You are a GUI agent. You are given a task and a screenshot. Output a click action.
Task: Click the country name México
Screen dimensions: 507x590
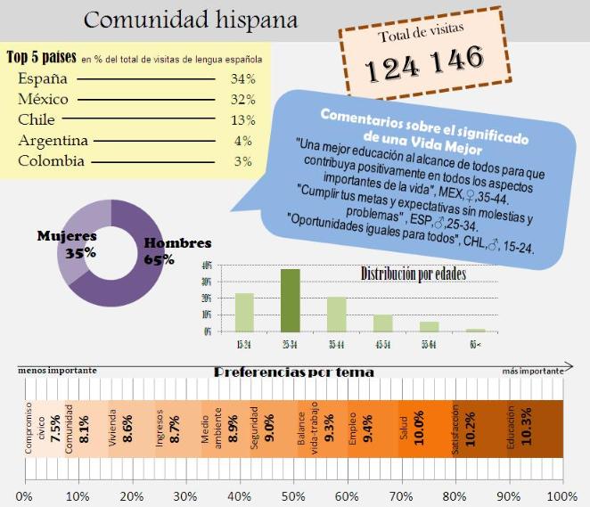[x=43, y=99]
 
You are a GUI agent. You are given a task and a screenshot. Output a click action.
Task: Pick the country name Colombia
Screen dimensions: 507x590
[x=51, y=161]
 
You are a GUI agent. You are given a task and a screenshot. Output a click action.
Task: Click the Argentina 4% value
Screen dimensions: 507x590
[x=242, y=141]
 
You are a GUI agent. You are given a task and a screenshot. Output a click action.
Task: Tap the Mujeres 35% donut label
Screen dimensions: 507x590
[x=67, y=244]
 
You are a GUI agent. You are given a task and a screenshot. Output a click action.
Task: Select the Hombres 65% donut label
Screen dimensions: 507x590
[x=176, y=251]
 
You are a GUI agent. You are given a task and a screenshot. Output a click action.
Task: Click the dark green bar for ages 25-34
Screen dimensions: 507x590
[x=290, y=299]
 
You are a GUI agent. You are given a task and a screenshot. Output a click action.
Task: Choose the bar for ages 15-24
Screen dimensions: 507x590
[x=244, y=311]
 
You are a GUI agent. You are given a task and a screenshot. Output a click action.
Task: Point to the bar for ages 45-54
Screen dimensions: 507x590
[x=382, y=322]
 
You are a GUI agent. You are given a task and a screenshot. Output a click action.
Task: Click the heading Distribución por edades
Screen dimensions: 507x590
[x=413, y=273]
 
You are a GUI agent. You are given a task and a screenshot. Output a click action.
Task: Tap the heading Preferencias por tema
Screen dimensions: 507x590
[x=294, y=372]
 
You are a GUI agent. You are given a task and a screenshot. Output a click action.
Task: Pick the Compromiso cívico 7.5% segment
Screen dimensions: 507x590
[x=42, y=427]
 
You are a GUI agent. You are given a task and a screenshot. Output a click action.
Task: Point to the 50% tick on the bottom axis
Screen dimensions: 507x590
[x=293, y=495]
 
